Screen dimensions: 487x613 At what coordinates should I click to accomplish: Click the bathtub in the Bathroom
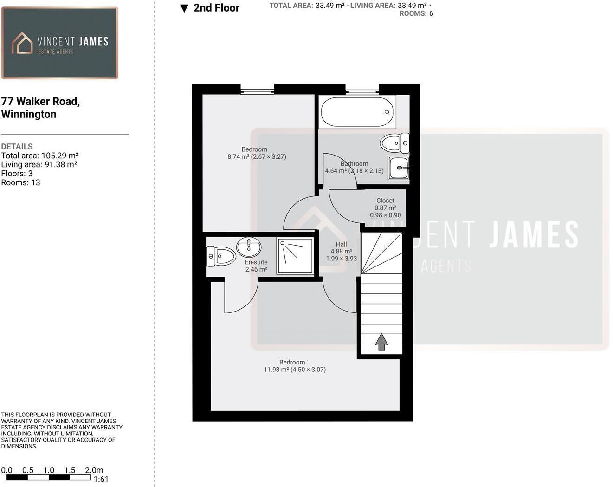357,112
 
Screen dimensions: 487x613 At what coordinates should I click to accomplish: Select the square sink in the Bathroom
399,168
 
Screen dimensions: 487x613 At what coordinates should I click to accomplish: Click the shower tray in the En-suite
295,255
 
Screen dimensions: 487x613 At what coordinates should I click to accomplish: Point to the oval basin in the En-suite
249,247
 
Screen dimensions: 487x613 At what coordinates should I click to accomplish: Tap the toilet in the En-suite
221,256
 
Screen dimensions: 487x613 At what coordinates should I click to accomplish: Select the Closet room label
385,201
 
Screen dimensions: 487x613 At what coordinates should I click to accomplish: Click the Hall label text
341,244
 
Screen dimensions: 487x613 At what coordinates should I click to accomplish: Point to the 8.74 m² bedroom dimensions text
257,157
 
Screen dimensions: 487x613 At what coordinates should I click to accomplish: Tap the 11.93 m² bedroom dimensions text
295,370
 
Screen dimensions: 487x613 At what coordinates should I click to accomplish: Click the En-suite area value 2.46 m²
256,269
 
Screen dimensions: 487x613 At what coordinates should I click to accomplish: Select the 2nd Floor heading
216,8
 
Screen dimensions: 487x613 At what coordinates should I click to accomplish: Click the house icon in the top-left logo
22,43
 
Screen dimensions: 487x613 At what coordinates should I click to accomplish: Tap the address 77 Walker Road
40,102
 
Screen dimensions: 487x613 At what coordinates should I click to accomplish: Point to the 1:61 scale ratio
101,480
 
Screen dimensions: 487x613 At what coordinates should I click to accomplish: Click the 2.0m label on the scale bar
94,470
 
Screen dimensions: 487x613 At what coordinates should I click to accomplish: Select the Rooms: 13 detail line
20,182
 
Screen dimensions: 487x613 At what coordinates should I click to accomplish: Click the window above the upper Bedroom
257,91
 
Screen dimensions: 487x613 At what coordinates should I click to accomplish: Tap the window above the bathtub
362,91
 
